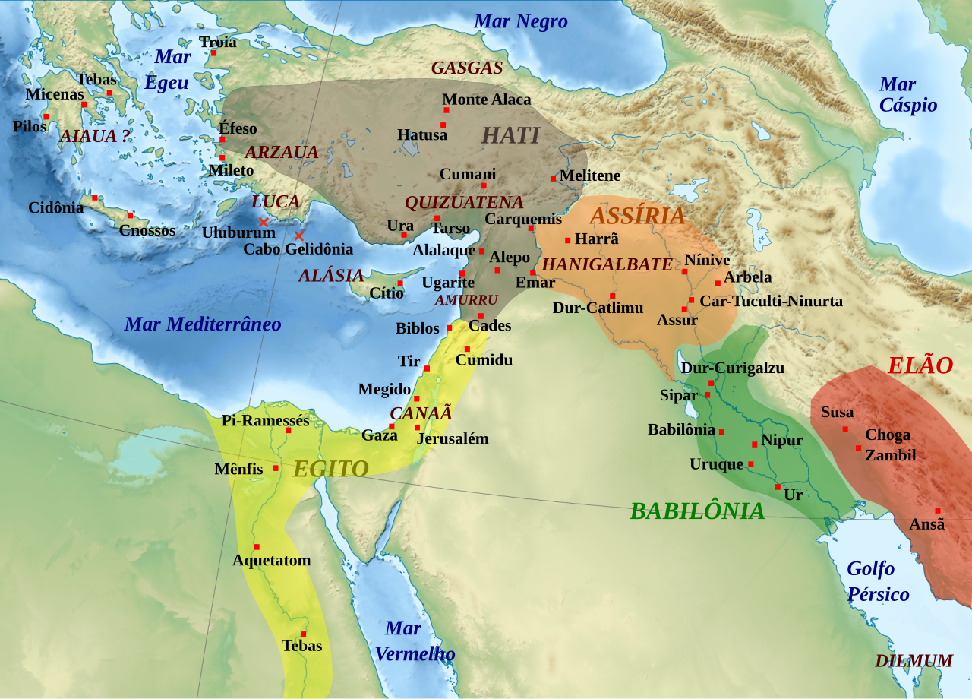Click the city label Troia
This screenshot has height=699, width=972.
coord(218,42)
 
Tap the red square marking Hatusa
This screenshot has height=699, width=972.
coord(443,125)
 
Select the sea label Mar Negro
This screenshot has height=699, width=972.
coord(520,21)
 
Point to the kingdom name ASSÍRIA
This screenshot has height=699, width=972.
coord(637,216)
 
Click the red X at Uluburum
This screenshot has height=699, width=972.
coord(264,222)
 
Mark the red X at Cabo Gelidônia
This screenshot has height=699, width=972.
coord(299,236)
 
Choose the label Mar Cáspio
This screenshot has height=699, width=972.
coord(907,94)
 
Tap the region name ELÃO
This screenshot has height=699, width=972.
coord(920,365)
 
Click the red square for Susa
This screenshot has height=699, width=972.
coord(845,429)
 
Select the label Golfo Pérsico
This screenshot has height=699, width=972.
coord(878,581)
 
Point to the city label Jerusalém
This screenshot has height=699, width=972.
coord(453,438)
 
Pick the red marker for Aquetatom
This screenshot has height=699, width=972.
coord(257,547)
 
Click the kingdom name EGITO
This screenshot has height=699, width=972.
coord(331,469)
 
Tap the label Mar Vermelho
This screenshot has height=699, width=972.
coord(415,640)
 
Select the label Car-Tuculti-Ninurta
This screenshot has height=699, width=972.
coord(771,301)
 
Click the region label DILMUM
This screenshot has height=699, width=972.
coord(914,661)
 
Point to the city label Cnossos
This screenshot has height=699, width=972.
coord(147,230)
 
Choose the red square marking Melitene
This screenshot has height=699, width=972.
coord(554,179)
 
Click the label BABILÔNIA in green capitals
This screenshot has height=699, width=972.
coord(697,511)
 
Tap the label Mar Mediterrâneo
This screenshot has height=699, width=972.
coord(203,324)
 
